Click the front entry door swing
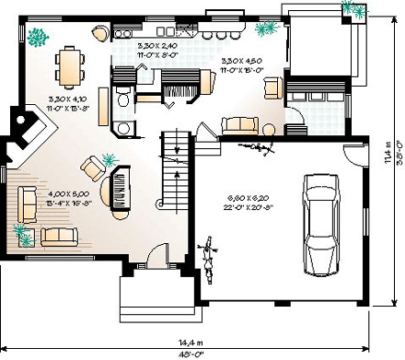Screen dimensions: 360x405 (x=158, y=258)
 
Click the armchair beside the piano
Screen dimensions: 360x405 (x=94, y=168)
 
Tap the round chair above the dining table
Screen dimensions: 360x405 (x=98, y=35)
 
